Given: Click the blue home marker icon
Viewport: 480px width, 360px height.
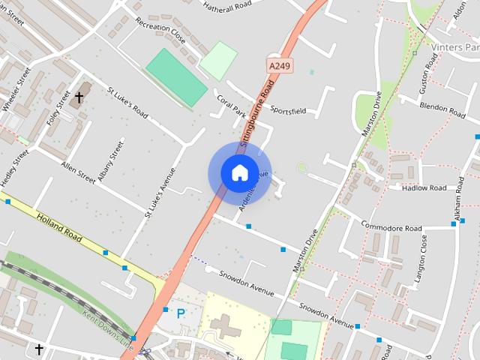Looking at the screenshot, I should (239, 172).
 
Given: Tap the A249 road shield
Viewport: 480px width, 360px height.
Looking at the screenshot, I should (279, 67).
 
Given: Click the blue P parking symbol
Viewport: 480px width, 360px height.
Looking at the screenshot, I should (180, 313).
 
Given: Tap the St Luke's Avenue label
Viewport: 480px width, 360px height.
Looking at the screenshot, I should (159, 193).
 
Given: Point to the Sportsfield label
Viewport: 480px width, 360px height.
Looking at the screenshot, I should (289, 110).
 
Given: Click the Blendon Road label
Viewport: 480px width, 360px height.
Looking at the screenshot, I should (444, 106).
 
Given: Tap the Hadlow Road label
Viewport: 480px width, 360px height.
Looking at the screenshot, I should (424, 187).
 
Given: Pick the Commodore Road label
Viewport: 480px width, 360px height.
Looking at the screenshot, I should (391, 226).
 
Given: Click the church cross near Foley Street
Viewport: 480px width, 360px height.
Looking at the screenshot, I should (79, 97).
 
